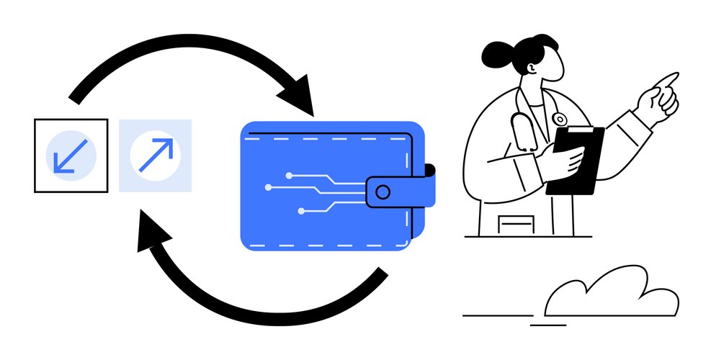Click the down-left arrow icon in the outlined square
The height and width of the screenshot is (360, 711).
(71, 156)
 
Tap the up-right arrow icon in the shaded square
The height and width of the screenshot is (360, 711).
(156, 156)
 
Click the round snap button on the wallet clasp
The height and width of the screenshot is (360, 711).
(383, 192)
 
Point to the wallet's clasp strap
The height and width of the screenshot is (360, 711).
(400, 191)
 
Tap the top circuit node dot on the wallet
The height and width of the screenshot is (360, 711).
(288, 175)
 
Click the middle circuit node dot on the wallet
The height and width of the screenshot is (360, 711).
(269, 187)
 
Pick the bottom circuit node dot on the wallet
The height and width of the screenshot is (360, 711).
(301, 211)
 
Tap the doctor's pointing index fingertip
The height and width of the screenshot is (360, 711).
(675, 76)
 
